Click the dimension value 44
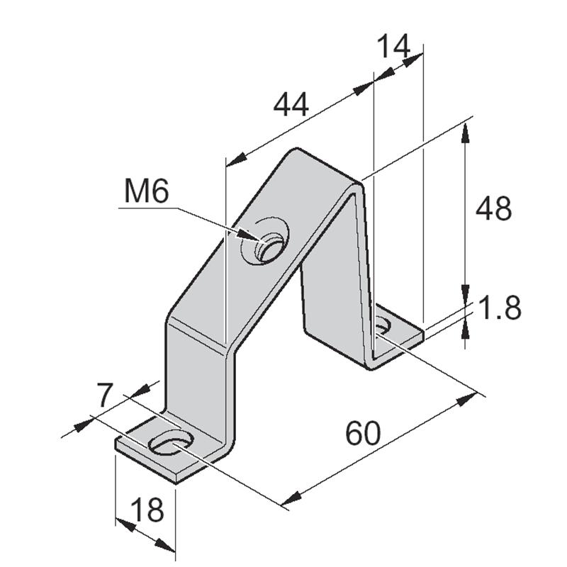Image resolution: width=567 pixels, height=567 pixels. coord(291,106)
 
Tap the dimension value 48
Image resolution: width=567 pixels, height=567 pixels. coord(493,209)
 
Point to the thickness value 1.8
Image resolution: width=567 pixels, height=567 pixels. coord(500,309)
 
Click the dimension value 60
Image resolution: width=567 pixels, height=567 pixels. coord(363,433)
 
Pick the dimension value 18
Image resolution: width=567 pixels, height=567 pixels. coord(147,509)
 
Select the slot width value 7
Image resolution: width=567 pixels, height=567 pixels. coord(105,395)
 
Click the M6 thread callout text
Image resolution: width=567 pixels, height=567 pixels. coord(147,191)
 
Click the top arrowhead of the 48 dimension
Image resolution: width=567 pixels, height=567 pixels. coord(465,132)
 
